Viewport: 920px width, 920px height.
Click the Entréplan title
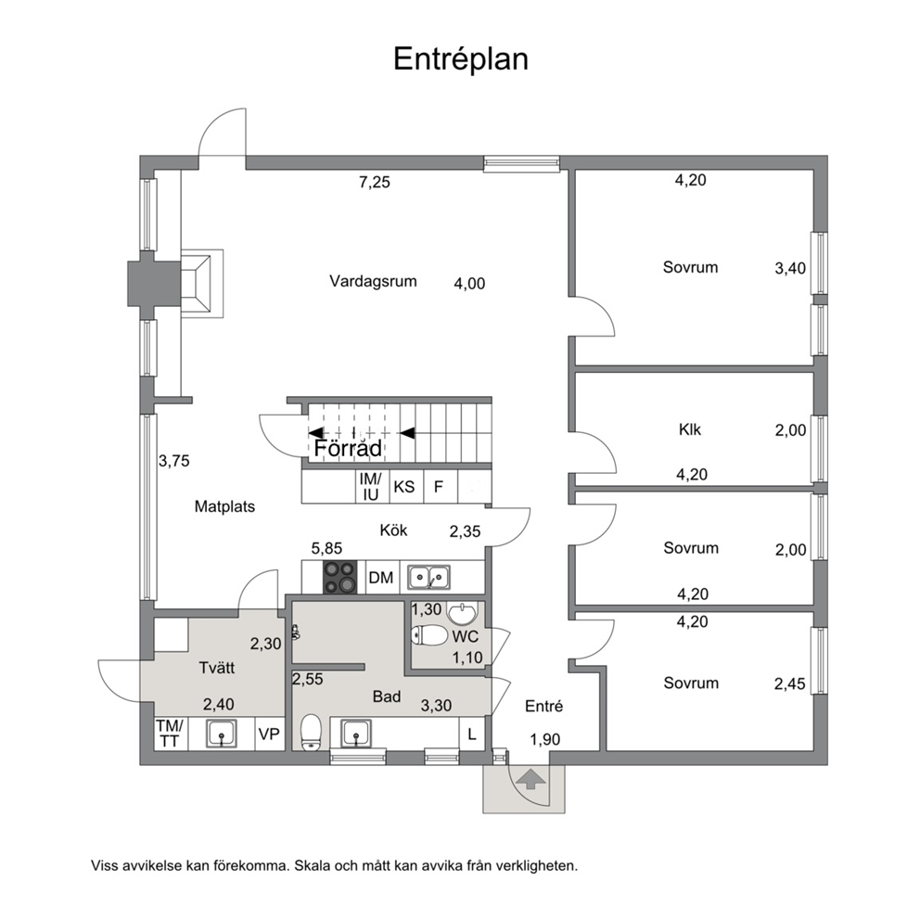tap(461, 59)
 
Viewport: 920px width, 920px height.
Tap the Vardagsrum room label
tap(373, 281)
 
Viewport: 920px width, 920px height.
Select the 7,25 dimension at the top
tap(375, 182)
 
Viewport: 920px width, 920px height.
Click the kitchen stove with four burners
tap(339, 578)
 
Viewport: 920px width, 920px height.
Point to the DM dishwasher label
tap(381, 578)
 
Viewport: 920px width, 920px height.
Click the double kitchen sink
tap(428, 578)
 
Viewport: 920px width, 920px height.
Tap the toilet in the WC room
tap(428, 635)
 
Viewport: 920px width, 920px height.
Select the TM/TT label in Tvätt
tap(170, 734)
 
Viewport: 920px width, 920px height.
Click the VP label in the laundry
tap(269, 734)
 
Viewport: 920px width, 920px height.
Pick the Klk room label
tap(690, 429)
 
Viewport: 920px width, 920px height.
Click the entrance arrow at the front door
tap(530, 780)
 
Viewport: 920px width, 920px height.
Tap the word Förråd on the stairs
tap(348, 448)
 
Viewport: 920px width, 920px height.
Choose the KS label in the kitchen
tap(403, 486)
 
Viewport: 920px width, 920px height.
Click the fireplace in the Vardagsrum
tap(202, 284)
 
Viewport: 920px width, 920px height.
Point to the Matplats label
tap(224, 506)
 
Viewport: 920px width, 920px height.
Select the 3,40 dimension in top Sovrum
tap(790, 268)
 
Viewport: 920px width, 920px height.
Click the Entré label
tap(543, 706)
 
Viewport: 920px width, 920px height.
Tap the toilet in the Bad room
tap(311, 733)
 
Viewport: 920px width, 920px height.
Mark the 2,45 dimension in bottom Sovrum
tap(790, 684)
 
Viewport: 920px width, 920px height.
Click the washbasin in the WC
tap(463, 614)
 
